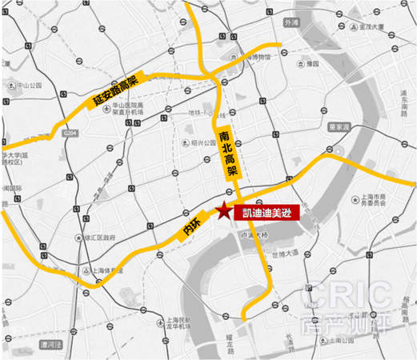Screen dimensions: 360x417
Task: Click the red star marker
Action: click(220, 212)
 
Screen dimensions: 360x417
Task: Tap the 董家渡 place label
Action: click(340, 126)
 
